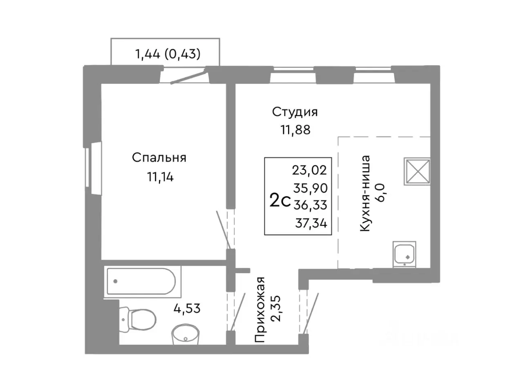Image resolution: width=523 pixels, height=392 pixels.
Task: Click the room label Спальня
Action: (x=159, y=158)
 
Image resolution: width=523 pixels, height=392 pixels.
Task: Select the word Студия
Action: (x=295, y=111)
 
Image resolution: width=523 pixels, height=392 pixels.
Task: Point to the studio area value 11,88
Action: (x=295, y=130)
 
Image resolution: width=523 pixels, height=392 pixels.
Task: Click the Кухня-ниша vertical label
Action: (x=365, y=194)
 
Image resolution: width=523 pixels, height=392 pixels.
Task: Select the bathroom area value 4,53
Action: (x=187, y=308)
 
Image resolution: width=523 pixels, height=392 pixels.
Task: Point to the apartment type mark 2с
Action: (x=280, y=201)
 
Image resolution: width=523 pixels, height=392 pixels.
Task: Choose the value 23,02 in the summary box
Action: (x=310, y=169)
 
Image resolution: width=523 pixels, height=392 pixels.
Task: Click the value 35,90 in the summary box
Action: (x=310, y=187)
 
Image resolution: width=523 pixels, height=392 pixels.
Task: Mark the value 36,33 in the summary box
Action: (x=310, y=205)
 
